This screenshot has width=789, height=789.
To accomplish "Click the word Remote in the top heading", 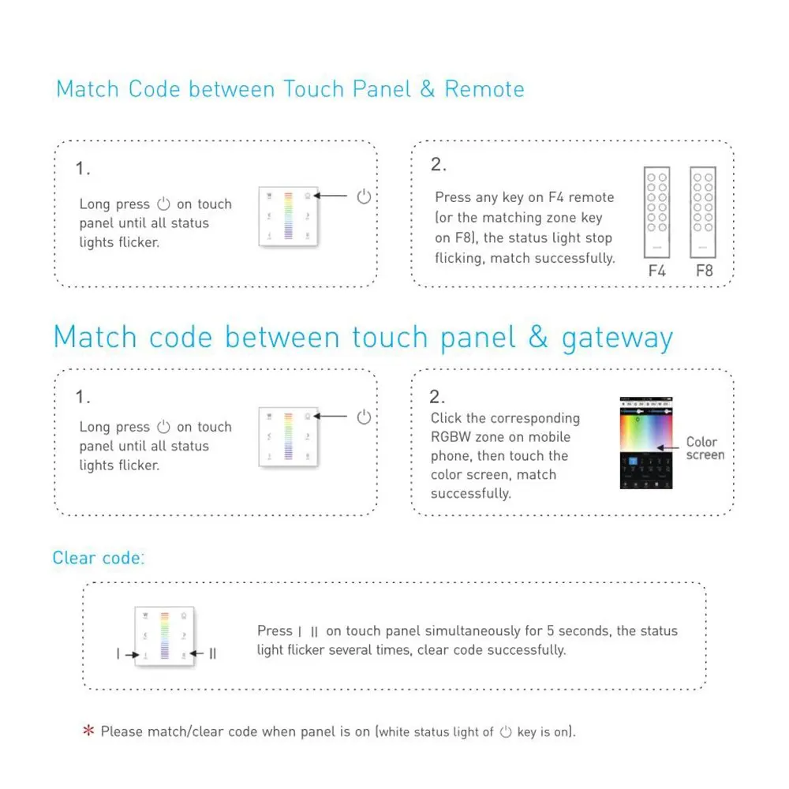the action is click(484, 89).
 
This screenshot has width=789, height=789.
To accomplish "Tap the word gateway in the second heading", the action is click(618, 338).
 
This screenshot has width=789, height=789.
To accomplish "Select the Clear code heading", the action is click(98, 558).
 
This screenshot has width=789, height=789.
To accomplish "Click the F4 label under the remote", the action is click(656, 271).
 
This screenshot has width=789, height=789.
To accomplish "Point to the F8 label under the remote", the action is click(704, 271).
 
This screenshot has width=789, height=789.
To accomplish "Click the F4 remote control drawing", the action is click(656, 212).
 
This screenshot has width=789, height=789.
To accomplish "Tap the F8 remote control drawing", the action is click(703, 212).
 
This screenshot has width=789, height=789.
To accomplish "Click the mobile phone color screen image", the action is click(646, 443).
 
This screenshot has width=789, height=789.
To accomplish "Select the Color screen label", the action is click(705, 448).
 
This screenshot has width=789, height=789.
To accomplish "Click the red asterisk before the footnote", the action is click(88, 730).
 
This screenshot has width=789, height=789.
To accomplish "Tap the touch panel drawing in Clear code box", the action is click(165, 637).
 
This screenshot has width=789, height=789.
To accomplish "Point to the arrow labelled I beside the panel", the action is click(133, 655).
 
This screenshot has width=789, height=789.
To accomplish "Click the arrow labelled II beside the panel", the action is click(196, 653).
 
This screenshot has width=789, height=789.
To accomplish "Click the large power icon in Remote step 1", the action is click(364, 196).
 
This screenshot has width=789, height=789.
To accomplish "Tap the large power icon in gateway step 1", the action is click(364, 417).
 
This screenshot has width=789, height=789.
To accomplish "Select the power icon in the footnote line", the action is click(506, 731).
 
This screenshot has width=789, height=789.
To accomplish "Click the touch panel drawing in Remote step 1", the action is click(288, 216).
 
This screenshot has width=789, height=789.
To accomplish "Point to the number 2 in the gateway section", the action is click(436, 397).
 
